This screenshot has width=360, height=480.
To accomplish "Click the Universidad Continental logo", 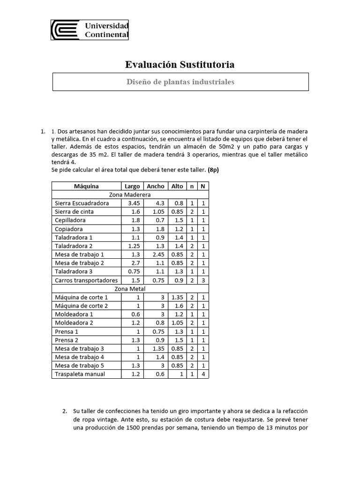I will pyautogui.click(x=90, y=30).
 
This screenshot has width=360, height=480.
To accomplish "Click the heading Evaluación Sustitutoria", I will pyautogui.click(x=180, y=65).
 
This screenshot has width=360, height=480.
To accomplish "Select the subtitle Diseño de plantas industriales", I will pyautogui.click(x=180, y=82).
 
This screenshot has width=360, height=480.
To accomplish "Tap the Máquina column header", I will pyautogui.click(x=86, y=186).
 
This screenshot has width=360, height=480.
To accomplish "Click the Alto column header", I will pyautogui.click(x=177, y=186).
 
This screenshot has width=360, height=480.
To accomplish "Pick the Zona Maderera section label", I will pyautogui.click(x=130, y=195).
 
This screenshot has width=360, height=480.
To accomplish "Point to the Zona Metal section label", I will pyautogui.click(x=130, y=289).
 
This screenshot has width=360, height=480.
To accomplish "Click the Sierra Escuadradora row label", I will pyautogui.click(x=82, y=203).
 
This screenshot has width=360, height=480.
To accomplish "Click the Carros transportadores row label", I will pyautogui.click(x=86, y=280).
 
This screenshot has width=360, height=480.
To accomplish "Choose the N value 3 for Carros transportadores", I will pyautogui.click(x=202, y=280).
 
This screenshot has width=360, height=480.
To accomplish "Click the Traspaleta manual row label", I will pyautogui.click(x=80, y=374).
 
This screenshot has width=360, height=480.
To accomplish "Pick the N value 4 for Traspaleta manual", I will pyautogui.click(x=202, y=374).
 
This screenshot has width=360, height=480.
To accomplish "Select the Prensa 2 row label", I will pyautogui.click(x=67, y=340).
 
